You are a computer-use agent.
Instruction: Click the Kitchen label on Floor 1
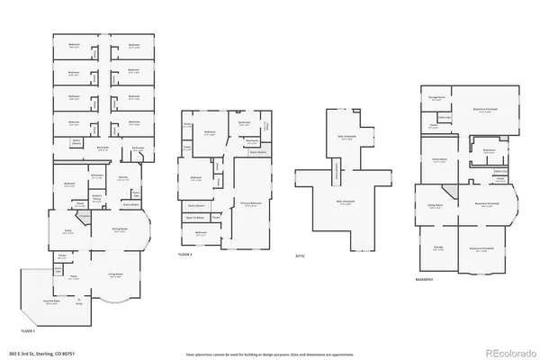122,177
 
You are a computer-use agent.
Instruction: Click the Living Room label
115,274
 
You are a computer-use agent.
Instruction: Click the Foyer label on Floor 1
75,275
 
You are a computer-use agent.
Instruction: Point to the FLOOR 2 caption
185,256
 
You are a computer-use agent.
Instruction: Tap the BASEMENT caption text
425,278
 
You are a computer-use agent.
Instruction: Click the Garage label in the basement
438,246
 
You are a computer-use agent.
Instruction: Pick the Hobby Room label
435,204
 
